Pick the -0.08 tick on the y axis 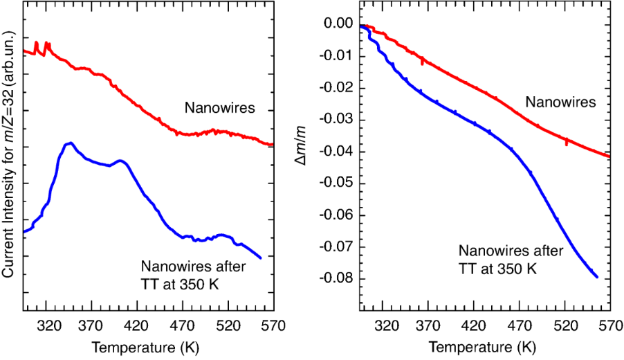coord(338,279)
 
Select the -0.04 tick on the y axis coord(338,152)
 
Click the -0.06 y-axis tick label coord(338,215)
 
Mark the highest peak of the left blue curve coord(69,143)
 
